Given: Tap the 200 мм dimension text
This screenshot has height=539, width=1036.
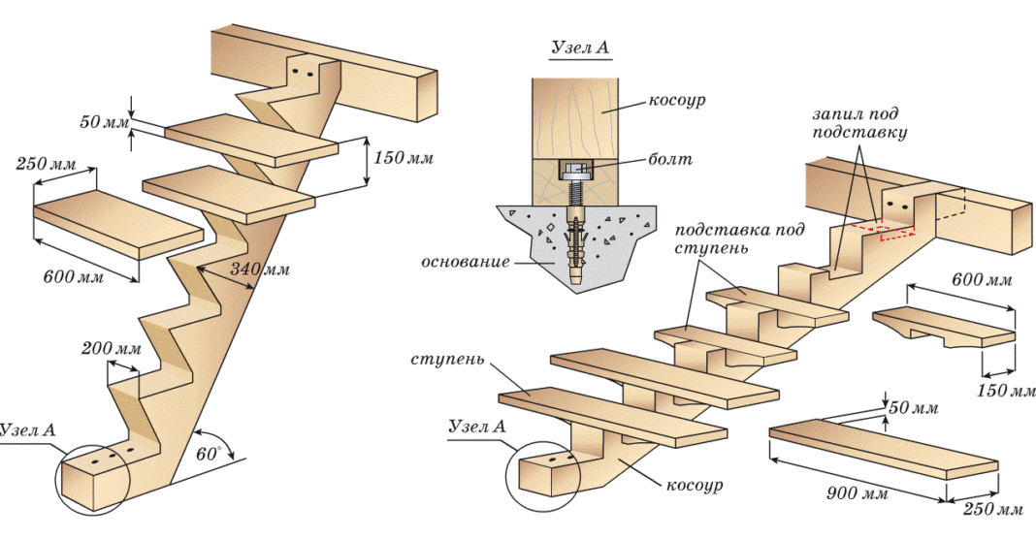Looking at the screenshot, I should [115, 348].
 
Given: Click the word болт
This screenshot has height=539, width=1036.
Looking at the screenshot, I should [672, 158].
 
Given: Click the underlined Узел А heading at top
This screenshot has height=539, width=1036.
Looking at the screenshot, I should [580, 48].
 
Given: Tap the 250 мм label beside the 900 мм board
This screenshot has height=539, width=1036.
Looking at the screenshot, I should [993, 508].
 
